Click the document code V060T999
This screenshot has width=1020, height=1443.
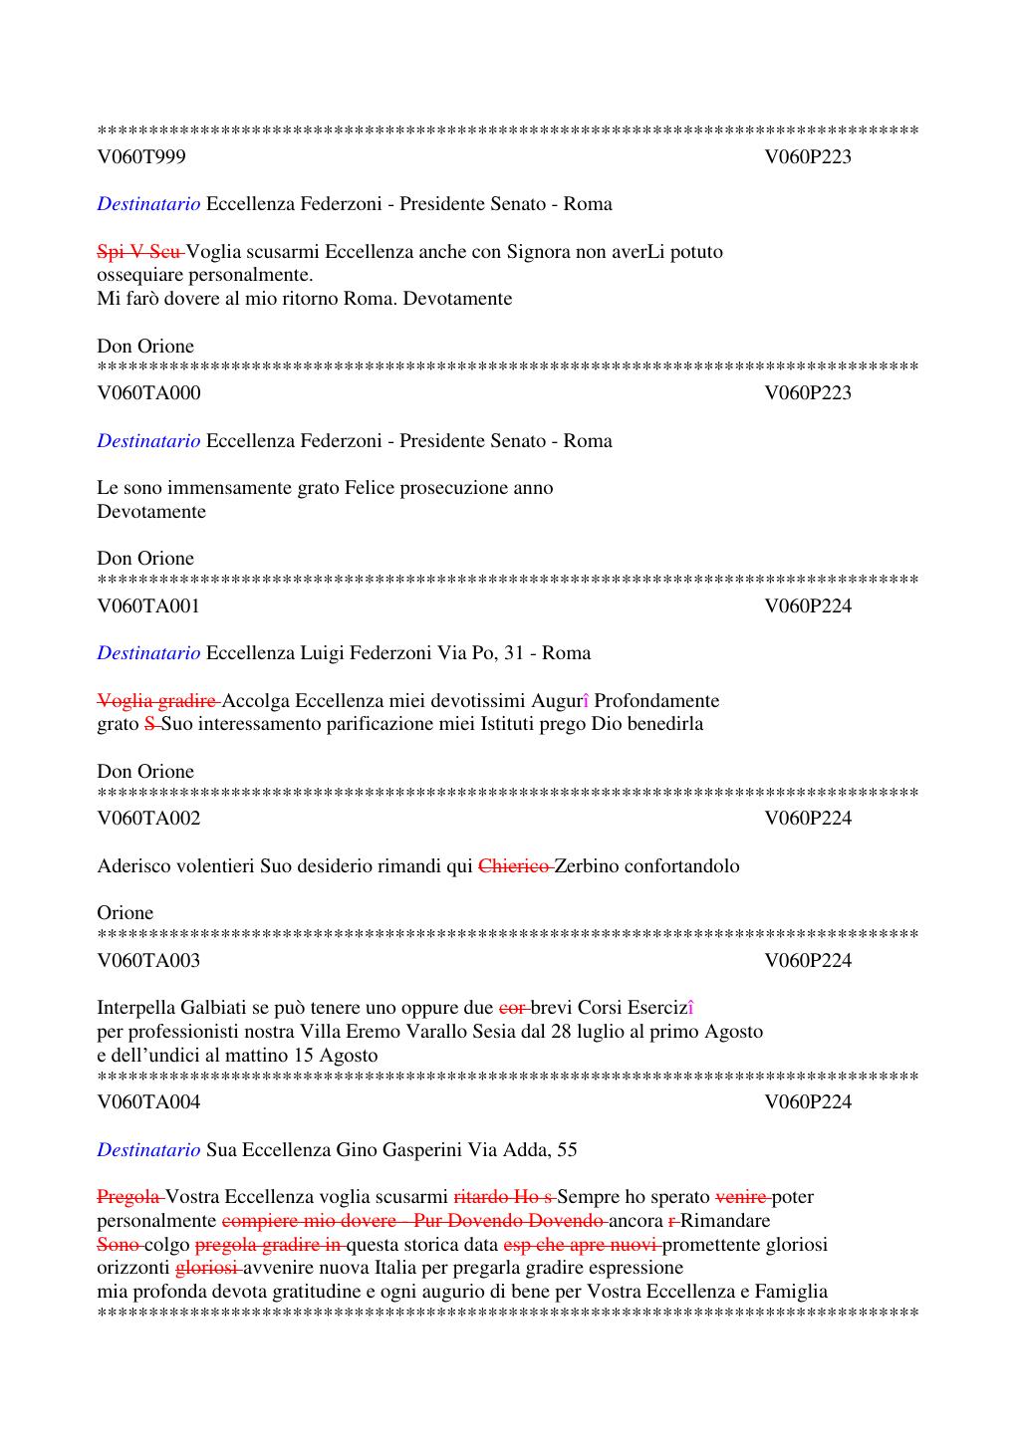(x=140, y=156)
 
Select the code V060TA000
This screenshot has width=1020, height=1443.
(x=148, y=392)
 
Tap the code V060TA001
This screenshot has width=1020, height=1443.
(x=148, y=605)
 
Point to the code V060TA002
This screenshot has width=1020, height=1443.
(x=148, y=818)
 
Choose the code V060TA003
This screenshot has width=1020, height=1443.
(x=148, y=960)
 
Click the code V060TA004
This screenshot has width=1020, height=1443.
(x=148, y=1101)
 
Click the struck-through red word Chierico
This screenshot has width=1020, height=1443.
(x=514, y=865)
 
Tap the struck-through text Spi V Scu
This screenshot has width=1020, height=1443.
(x=139, y=251)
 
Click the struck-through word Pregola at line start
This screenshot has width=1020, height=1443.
(x=129, y=1196)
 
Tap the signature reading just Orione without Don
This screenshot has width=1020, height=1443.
(x=126, y=912)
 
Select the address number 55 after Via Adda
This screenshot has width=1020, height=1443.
(x=567, y=1149)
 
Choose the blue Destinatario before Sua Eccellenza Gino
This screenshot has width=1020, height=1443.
(x=148, y=1149)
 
